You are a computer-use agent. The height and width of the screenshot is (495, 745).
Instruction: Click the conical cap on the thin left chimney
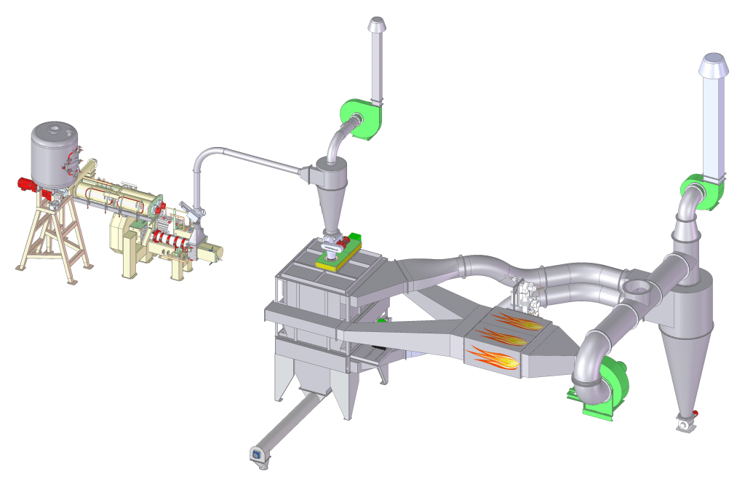(376, 24)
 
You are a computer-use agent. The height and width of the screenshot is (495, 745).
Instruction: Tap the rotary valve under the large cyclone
(684, 421)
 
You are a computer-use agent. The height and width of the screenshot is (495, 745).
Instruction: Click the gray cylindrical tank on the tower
(55, 153)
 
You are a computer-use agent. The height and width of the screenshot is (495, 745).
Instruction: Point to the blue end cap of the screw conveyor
(256, 454)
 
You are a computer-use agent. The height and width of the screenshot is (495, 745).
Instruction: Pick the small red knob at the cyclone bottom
(696, 414)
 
